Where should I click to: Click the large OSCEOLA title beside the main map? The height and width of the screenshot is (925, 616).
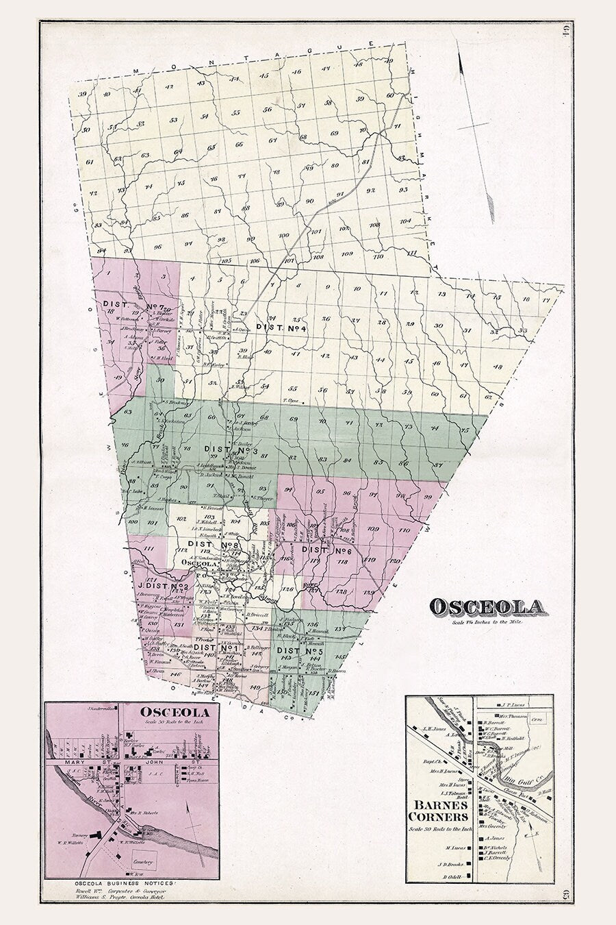coord(487,606)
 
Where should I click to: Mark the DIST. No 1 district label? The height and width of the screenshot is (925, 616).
coord(214,646)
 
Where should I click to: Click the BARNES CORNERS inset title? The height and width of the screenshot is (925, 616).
coord(438,812)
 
